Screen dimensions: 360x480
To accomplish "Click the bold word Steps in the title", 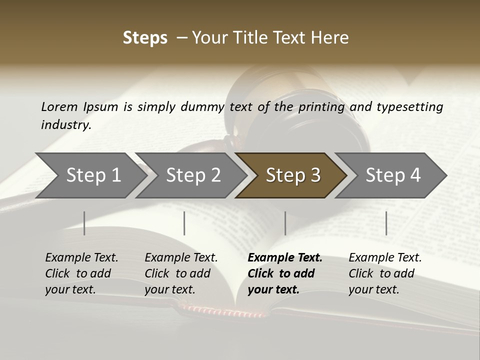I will (x=145, y=38).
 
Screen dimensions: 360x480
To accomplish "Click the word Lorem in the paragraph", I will (x=59, y=106).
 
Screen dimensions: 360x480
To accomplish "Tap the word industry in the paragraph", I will (x=65, y=124).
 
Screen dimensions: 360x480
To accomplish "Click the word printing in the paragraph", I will (x=321, y=106).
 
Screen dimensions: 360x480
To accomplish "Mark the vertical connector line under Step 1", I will (x=84, y=223).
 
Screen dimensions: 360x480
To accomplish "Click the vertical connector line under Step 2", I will (x=184, y=223).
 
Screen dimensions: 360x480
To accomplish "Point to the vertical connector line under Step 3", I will (x=285, y=223).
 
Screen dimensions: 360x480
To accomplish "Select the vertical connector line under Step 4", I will (x=386, y=223).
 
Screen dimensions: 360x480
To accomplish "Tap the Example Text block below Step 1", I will (x=81, y=273).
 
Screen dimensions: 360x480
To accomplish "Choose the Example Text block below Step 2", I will (x=181, y=273).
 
